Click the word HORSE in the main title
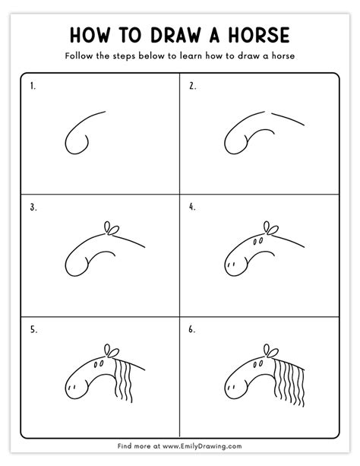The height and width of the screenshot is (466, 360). [259, 35]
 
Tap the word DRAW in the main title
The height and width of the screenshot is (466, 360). [175, 35]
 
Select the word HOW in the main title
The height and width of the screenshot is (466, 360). [90, 35]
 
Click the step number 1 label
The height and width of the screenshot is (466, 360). [33, 86]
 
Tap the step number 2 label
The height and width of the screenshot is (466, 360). [192, 86]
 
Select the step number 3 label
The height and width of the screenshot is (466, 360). [33, 207]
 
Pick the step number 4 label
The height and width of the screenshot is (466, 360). [192, 207]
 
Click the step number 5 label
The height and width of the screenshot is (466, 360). [33, 330]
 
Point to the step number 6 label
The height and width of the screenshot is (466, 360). [192, 330]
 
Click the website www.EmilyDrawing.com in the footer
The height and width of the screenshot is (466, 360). [202, 446]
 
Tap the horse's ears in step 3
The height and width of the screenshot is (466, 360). [112, 228]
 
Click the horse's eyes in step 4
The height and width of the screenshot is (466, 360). [257, 241]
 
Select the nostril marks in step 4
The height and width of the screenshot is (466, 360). [230, 265]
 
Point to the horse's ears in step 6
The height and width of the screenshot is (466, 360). [271, 351]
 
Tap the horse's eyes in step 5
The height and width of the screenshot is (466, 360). [99, 363]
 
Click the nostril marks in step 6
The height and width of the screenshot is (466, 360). [230, 387]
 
